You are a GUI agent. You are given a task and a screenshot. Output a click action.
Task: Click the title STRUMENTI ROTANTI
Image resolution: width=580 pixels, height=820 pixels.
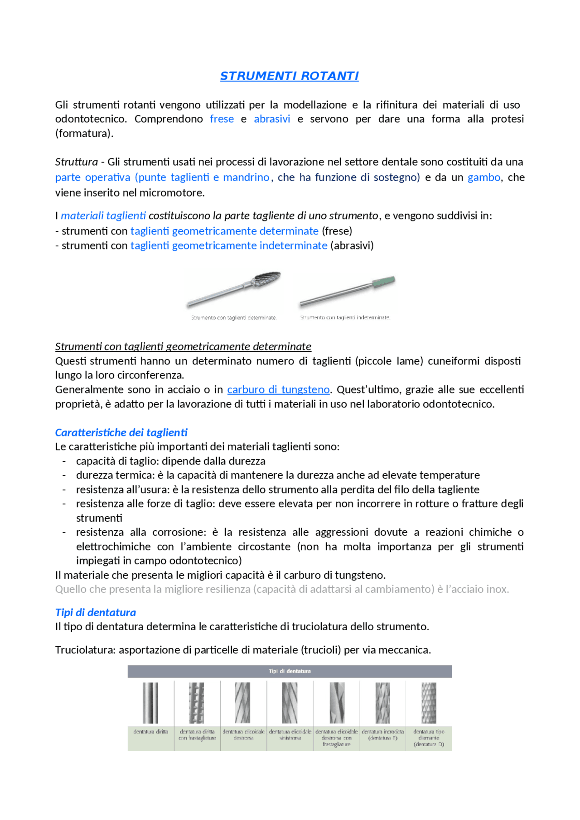[289, 76]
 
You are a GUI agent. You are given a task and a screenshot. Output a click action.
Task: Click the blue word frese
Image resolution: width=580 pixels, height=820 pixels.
[222, 119]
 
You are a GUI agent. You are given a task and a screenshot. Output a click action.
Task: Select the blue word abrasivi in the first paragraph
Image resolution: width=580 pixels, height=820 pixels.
[272, 119]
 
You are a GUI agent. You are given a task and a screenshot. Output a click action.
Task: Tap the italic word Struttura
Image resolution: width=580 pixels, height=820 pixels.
[76, 162]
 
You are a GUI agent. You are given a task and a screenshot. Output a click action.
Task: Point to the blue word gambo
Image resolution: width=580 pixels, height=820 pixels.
[483, 177]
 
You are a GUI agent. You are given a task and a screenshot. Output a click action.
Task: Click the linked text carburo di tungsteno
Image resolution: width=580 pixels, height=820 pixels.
[278, 390]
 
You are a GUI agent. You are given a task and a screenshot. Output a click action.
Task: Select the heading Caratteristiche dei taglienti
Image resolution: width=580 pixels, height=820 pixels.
[121, 432]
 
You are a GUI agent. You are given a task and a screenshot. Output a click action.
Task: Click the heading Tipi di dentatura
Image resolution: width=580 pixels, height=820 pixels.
[95, 613]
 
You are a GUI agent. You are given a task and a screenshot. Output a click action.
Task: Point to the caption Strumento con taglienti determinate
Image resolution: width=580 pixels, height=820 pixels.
[233, 318]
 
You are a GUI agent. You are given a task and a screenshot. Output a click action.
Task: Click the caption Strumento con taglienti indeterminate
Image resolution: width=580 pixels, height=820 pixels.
[345, 318]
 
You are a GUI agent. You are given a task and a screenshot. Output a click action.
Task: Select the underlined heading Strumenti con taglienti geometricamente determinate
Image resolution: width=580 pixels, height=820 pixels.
[183, 347]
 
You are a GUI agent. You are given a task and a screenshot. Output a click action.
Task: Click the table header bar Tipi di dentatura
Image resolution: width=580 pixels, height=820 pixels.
[289, 671]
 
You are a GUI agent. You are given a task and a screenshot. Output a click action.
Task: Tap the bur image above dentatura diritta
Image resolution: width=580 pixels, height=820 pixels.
[150, 703]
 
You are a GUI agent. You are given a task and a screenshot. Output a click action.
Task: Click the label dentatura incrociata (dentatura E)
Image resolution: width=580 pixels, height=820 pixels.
[382, 734]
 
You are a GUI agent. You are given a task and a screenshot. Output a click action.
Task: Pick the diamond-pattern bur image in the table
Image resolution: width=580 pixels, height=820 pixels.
[429, 703]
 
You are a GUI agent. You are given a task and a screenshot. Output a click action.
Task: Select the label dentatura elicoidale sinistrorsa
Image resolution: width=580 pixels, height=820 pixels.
[290, 734]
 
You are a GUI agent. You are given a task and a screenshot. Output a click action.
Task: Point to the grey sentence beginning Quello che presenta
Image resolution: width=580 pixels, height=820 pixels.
[282, 590]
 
